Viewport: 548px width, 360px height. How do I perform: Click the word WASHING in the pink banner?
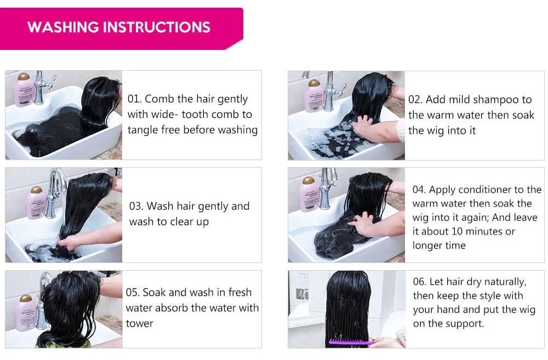[x=63, y=27]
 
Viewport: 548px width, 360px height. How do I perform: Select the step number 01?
[x=134, y=99]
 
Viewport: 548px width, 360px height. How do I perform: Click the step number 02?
[x=415, y=100]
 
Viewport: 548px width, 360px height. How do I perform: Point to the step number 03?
[x=136, y=206]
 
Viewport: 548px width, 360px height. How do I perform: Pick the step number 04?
[x=419, y=190]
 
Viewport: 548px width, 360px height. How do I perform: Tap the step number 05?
[x=133, y=292]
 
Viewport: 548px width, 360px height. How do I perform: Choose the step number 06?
[x=419, y=282]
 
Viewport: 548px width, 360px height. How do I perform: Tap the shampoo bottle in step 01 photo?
[x=24, y=89]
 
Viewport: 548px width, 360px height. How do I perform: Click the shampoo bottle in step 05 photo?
[x=26, y=313]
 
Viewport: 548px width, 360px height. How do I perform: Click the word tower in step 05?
[x=139, y=324]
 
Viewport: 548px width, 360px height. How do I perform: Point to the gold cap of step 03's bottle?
[x=36, y=190]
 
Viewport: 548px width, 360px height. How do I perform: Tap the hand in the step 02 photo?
[x=365, y=128]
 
